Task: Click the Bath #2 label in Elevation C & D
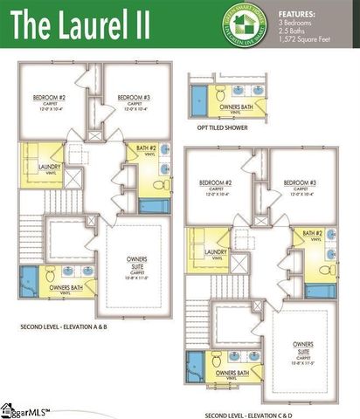coord(312,234)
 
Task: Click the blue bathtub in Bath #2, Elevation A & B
coord(154,207)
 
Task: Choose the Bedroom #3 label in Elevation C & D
coord(301,184)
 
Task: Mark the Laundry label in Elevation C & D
coord(215,253)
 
